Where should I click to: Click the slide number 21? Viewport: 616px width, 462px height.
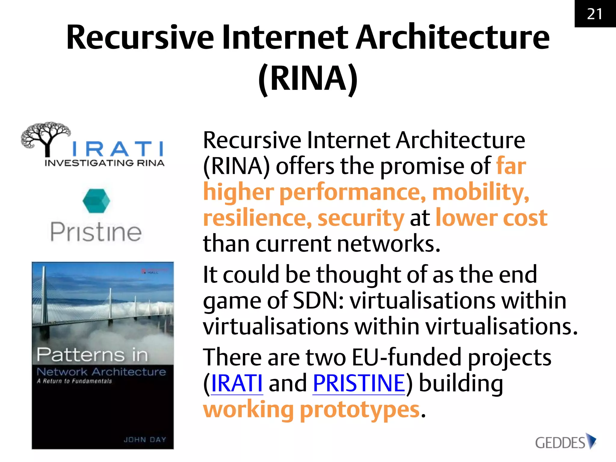click(595, 14)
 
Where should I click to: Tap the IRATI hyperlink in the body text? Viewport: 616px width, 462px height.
click(237, 383)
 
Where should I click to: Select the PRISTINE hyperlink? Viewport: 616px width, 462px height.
click(359, 383)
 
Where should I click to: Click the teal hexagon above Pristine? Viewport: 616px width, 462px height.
click(96, 201)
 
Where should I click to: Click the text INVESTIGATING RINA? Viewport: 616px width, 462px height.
click(104, 163)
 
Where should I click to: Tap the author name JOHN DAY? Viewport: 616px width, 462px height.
click(145, 439)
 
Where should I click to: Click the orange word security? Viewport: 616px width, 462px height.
click(361, 218)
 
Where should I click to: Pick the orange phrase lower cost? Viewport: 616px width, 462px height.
click(491, 218)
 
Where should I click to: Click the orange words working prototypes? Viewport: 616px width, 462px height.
click(311, 410)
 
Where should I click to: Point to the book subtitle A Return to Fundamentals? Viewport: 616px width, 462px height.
click(74, 381)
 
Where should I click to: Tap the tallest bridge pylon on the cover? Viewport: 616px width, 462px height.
click(44, 295)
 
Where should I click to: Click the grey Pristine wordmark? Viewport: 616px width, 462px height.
click(96, 232)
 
